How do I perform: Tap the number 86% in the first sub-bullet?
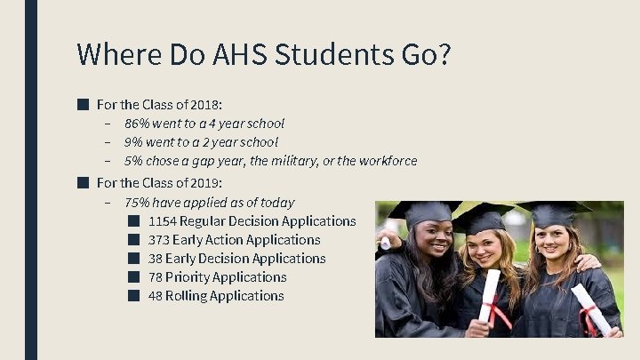click(x=136, y=124)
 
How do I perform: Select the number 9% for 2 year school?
click(x=132, y=142)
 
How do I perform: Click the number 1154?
click(x=163, y=221)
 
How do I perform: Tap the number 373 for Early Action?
click(x=159, y=240)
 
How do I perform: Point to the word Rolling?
click(x=188, y=296)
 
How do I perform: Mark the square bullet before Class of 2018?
click(x=83, y=104)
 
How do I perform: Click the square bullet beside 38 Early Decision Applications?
click(x=132, y=259)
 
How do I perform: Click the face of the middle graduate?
click(x=485, y=248)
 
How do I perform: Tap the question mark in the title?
click(x=441, y=54)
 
